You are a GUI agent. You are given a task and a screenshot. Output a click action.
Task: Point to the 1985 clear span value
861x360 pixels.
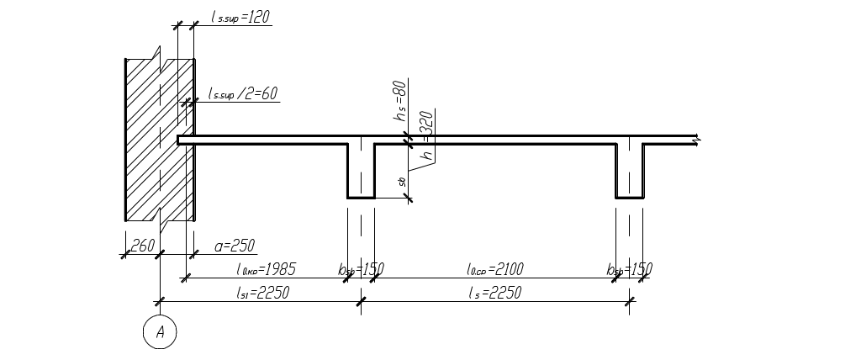[264, 270]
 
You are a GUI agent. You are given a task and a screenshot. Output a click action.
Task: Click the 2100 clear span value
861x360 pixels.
[495, 270]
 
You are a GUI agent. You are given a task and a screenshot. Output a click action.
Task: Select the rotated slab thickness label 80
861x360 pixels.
[401, 102]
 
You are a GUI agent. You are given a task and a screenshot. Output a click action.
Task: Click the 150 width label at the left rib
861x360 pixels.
[362, 270]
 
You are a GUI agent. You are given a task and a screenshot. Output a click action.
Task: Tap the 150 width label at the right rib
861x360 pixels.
[631, 270]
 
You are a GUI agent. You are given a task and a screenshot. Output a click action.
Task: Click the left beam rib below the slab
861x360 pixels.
[362, 172]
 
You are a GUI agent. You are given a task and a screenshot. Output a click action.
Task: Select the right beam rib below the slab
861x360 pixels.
[630, 172]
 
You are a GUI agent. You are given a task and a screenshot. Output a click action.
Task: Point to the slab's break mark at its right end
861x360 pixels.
[695, 140]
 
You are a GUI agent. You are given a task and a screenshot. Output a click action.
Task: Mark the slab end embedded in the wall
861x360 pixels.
[186, 140]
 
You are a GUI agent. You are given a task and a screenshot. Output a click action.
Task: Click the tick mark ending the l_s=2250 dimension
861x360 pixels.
[631, 301]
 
